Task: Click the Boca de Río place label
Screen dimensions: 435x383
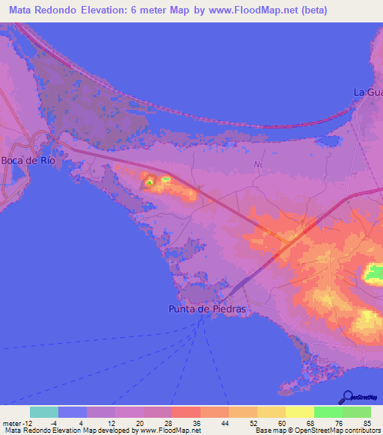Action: [28, 161]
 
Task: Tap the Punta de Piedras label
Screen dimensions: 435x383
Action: [206, 308]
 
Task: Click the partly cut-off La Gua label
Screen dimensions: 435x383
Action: [367, 92]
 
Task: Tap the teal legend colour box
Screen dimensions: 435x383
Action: [44, 412]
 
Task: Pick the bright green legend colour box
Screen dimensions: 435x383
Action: [328, 412]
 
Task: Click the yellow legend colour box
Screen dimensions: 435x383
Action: [300, 412]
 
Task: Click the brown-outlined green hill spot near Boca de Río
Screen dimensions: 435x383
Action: [149, 181]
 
